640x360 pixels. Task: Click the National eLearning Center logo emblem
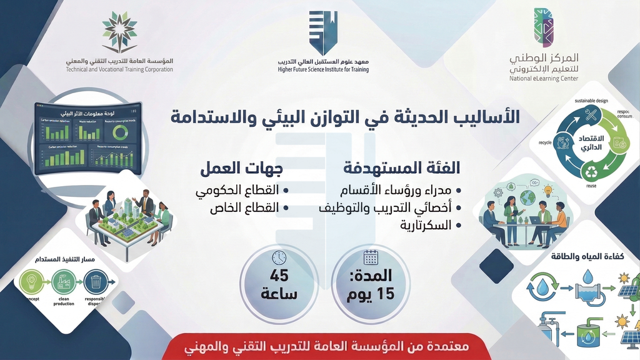[543, 28]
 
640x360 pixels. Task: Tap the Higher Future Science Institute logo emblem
[323, 33]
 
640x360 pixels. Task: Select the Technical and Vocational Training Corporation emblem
[119, 32]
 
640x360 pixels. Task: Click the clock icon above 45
[279, 257]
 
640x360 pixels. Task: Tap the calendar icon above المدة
[371, 257]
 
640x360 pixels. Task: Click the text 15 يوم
[371, 294]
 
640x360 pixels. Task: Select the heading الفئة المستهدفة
[402, 168]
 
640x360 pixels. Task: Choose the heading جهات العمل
[242, 168]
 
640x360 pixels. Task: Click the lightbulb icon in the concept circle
[31, 282]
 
